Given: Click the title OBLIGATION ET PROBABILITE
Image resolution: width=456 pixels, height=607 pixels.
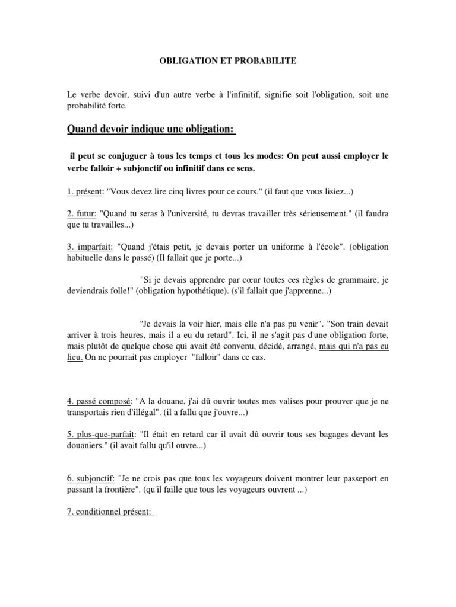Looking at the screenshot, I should [x=227, y=60].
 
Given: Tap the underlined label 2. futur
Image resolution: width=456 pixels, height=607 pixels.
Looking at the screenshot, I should [x=81, y=213].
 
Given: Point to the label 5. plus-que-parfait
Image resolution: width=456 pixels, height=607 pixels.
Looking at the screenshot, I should [x=105, y=434].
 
